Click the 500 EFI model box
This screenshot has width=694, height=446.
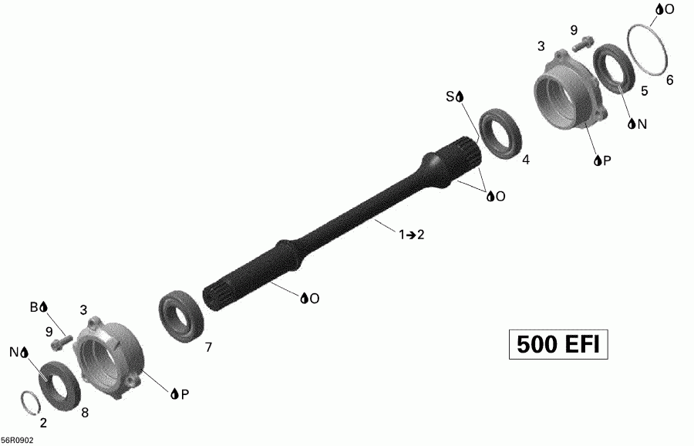pyautogui.click(x=558, y=344)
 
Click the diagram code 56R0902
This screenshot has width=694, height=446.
pyautogui.click(x=17, y=441)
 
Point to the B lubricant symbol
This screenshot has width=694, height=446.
pyautogui.click(x=39, y=307)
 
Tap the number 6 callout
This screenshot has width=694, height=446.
pyautogui.click(x=669, y=80)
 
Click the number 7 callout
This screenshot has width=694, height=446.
pyautogui.click(x=208, y=348)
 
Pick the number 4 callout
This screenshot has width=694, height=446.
pyautogui.click(x=526, y=160)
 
